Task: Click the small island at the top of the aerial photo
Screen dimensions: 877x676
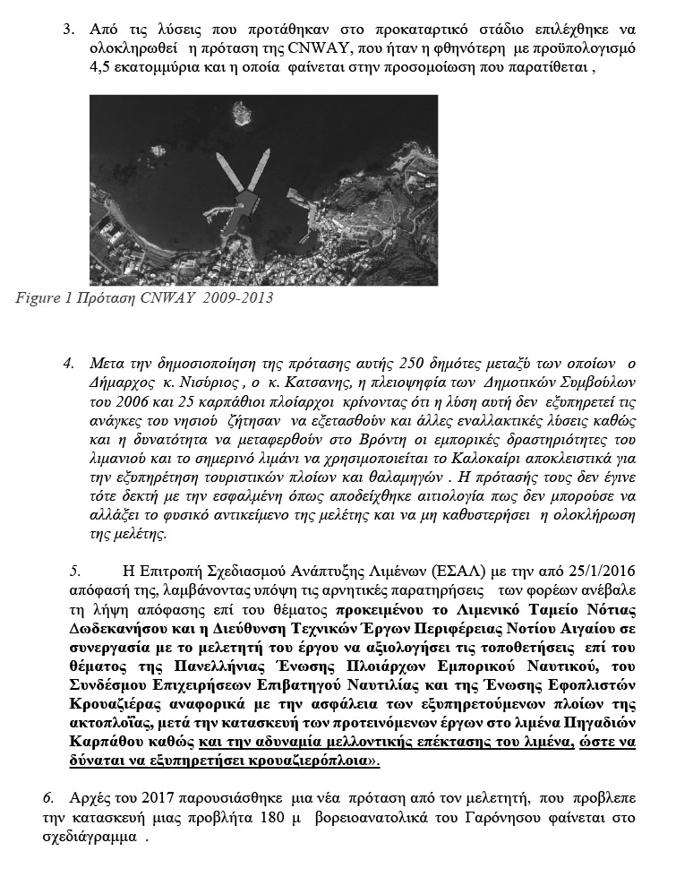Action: [x=240, y=113]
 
